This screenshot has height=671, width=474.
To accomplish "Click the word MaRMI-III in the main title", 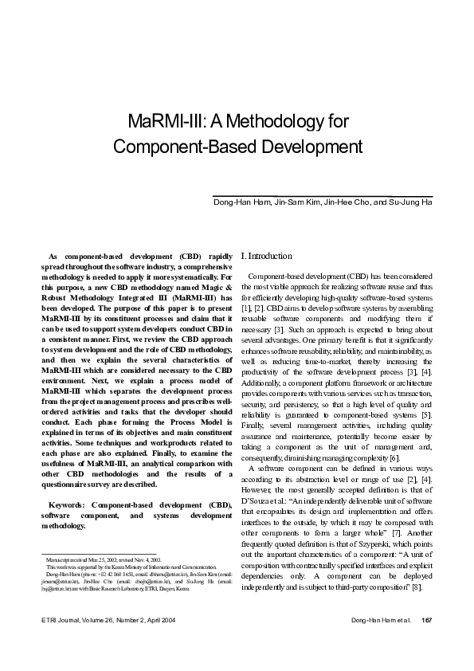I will coord(163,122).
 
